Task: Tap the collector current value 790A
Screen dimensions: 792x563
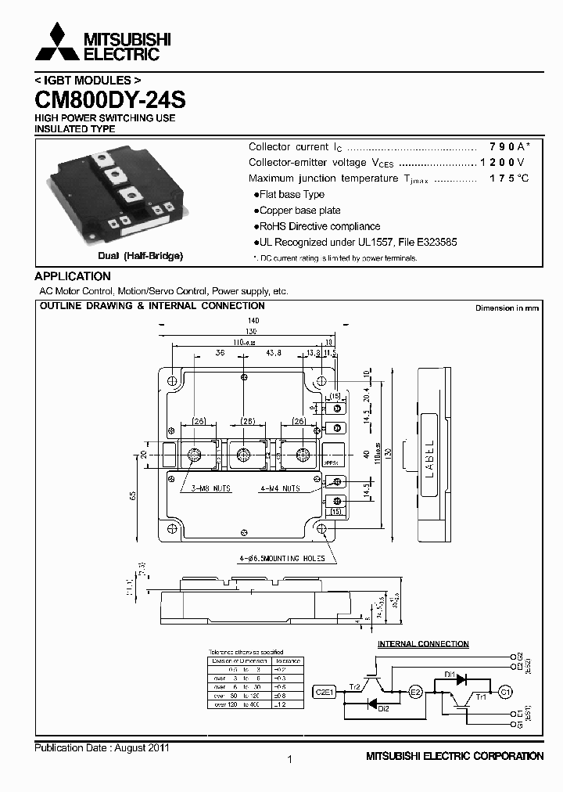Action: tap(509, 147)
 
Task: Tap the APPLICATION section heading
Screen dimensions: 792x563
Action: tap(73, 276)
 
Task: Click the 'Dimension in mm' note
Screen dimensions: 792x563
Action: tap(507, 308)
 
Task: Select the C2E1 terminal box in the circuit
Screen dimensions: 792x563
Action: tap(325, 692)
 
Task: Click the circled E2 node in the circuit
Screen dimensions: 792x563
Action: tap(415, 692)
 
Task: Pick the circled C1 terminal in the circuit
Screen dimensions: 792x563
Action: tap(505, 692)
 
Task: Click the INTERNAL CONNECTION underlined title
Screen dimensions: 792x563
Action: tap(423, 644)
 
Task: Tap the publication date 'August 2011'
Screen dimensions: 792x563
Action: tap(142, 748)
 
